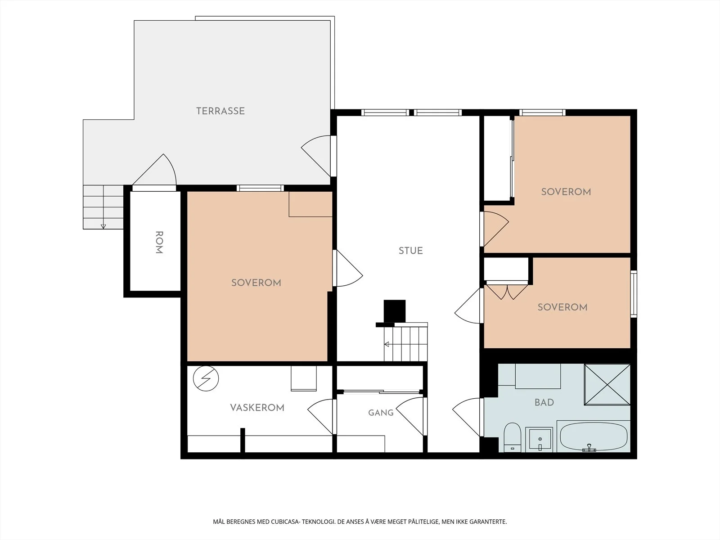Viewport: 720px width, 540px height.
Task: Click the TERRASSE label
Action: coord(220,111)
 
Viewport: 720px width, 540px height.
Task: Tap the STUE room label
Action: coord(411,251)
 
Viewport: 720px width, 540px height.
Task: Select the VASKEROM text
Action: coord(257,408)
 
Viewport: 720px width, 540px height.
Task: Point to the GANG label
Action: coord(381,413)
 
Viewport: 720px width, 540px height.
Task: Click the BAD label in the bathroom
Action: coord(544,402)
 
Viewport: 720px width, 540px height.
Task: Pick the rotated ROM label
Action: coord(159,242)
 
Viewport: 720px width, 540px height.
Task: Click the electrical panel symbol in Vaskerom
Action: coord(206,378)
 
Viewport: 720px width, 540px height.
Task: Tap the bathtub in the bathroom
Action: coord(594,436)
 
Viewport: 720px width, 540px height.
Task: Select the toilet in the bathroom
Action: coord(513,437)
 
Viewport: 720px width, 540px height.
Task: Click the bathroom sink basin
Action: coord(539,439)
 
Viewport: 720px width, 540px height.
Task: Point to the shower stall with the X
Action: coord(607,385)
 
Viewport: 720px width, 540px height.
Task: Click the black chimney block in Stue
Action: coord(395,311)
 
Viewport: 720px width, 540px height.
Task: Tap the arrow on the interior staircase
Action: coord(387,344)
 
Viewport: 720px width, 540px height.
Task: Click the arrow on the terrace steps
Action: coord(103,226)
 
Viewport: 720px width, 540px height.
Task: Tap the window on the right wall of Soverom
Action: coord(634,294)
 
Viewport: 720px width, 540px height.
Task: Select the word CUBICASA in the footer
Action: coord(285,522)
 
